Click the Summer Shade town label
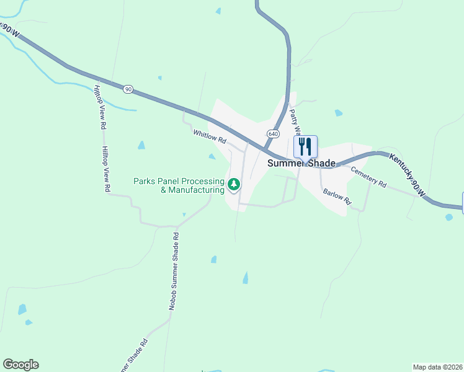click(301, 163)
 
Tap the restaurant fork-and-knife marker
click(305, 147)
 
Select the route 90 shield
click(128, 89)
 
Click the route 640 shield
click(273, 134)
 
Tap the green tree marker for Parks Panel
click(234, 184)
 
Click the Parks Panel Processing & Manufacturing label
click(179, 185)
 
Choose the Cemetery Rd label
click(368, 177)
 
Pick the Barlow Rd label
click(337, 197)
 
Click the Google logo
click(20, 365)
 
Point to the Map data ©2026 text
click(437, 367)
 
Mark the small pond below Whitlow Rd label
click(212, 156)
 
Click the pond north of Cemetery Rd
click(338, 113)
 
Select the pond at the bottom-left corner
click(22, 309)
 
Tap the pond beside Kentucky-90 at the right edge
click(448, 218)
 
